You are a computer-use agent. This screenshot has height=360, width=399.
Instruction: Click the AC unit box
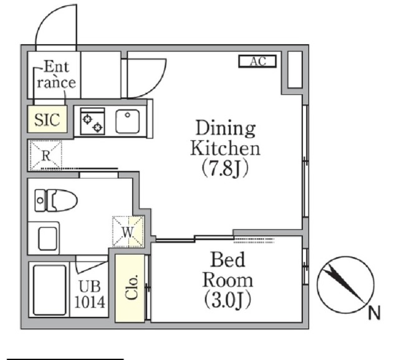[x=257, y=61]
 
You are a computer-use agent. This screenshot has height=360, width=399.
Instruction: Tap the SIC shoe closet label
[x=47, y=120]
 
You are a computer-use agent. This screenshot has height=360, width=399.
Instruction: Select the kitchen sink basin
[x=127, y=121]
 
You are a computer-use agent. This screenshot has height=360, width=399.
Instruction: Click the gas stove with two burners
[x=92, y=121]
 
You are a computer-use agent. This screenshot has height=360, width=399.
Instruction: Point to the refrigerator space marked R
[x=46, y=155]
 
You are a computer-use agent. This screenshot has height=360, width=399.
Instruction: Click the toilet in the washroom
[x=56, y=201]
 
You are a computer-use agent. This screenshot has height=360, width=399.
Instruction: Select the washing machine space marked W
[x=128, y=232]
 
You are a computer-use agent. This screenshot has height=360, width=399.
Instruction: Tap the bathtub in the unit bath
[x=49, y=290]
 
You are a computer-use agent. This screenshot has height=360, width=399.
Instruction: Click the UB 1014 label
[x=90, y=294]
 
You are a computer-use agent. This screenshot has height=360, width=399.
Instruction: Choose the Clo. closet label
[x=132, y=287]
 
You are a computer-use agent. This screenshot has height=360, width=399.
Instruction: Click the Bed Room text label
[x=228, y=270]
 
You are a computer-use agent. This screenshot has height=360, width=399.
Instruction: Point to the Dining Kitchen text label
[x=226, y=138]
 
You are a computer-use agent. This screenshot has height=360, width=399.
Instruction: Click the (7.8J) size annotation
[x=225, y=168]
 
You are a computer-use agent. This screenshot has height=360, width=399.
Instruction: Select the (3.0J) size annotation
[x=228, y=300]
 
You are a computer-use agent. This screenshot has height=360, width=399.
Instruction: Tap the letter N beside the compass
[x=374, y=313]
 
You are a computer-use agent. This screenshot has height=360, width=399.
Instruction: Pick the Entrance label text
[x=56, y=74]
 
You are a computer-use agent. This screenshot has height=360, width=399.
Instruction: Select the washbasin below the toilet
[x=47, y=239]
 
